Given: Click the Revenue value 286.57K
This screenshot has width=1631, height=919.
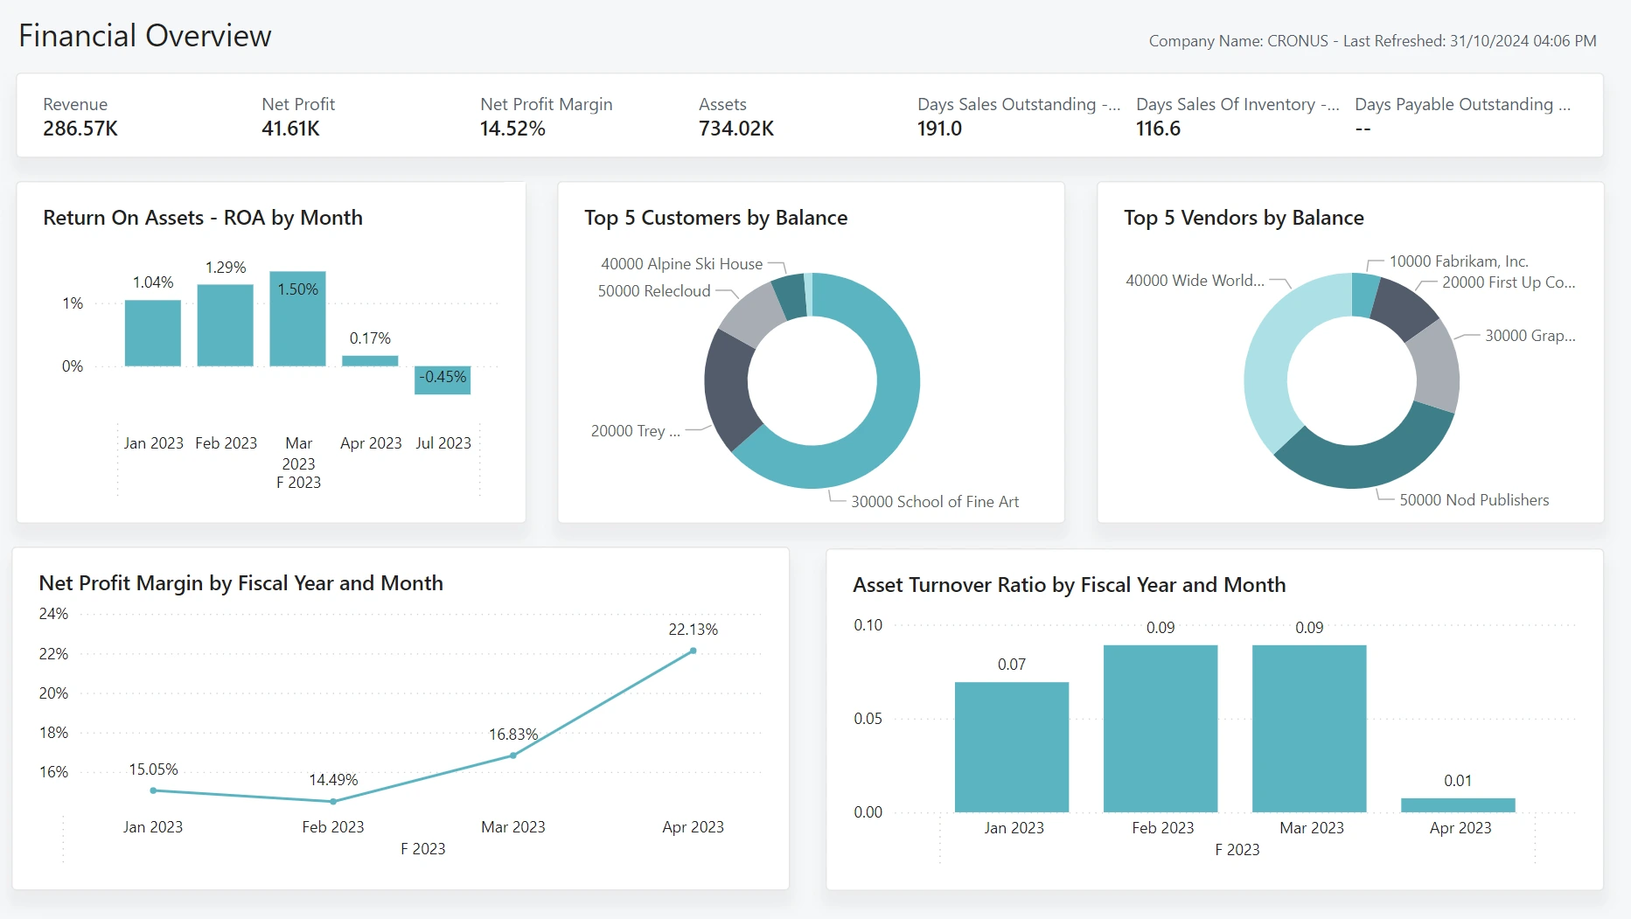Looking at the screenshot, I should [x=80, y=129].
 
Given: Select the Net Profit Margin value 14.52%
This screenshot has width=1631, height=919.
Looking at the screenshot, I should [x=512, y=129].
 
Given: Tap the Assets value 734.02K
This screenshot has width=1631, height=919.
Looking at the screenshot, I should [x=736, y=129].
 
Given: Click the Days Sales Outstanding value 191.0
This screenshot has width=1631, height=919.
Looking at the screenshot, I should [x=939, y=129].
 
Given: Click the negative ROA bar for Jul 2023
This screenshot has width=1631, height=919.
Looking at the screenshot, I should [x=443, y=380].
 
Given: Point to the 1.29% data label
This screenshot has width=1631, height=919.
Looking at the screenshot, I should [x=226, y=268].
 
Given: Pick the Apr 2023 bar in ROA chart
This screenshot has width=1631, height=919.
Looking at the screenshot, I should [x=370, y=360].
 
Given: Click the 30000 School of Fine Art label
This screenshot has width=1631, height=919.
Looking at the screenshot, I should [x=935, y=502].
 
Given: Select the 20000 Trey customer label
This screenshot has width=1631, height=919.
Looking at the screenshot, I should [x=635, y=431].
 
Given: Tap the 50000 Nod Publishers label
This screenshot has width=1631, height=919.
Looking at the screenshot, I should [x=1474, y=500].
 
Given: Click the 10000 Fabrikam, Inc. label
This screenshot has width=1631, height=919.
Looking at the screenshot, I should [x=1459, y=261].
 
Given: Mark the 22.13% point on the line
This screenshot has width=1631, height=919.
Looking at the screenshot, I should [x=694, y=651].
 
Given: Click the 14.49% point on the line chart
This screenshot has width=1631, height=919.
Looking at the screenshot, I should [x=333, y=801].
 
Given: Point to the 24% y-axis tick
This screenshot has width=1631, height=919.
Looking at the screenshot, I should [x=53, y=614].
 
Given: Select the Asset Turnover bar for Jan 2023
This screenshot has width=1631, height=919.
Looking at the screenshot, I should [x=1012, y=747].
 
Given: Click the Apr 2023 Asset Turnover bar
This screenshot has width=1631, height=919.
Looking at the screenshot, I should [x=1458, y=805].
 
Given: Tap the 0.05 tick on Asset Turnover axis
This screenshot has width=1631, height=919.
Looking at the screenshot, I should [x=868, y=719].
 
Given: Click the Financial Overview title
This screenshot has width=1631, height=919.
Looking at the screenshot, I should [x=145, y=36].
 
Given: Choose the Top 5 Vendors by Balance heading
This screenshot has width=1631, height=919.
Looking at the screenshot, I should [x=1244, y=218].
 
